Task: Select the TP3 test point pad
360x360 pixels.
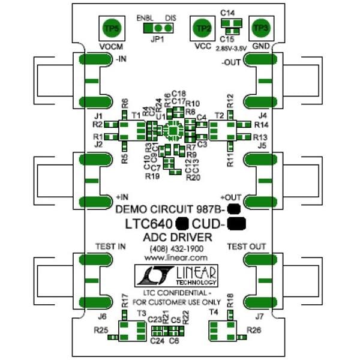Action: coord(260,28)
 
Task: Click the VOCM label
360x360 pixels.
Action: coord(112,47)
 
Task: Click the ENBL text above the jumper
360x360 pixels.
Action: coord(145,17)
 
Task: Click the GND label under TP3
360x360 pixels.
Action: coord(260,47)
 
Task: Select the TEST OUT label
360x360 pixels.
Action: coord(246,246)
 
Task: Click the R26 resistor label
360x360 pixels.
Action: coord(255,331)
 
